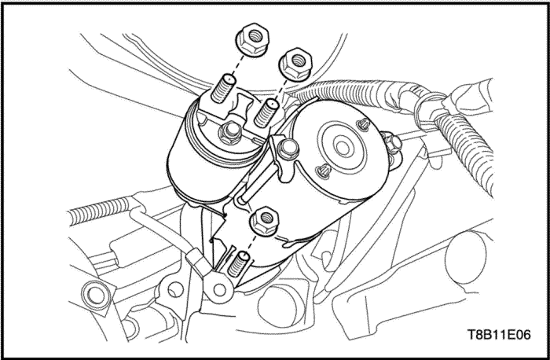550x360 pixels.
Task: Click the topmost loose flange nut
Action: (253, 39)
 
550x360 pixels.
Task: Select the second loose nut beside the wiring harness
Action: (295, 64)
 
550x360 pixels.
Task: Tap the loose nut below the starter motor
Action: (266, 221)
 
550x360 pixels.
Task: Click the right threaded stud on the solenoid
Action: (266, 112)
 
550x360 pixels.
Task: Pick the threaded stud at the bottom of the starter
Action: (238, 264)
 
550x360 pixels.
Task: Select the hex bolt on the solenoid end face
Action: (229, 133)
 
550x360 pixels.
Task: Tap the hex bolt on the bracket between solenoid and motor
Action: (288, 149)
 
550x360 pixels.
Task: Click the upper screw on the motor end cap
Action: (364, 124)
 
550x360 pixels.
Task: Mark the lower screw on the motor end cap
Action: (323, 171)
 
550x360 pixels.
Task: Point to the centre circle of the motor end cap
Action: (343, 146)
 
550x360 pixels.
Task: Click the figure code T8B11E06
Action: (499, 334)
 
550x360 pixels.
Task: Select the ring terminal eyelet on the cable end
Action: (219, 289)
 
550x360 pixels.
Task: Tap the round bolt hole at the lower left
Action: (94, 295)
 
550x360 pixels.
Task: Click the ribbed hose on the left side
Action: (99, 210)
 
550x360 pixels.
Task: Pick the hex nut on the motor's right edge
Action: (393, 144)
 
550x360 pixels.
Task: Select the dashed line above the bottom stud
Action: (251, 244)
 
